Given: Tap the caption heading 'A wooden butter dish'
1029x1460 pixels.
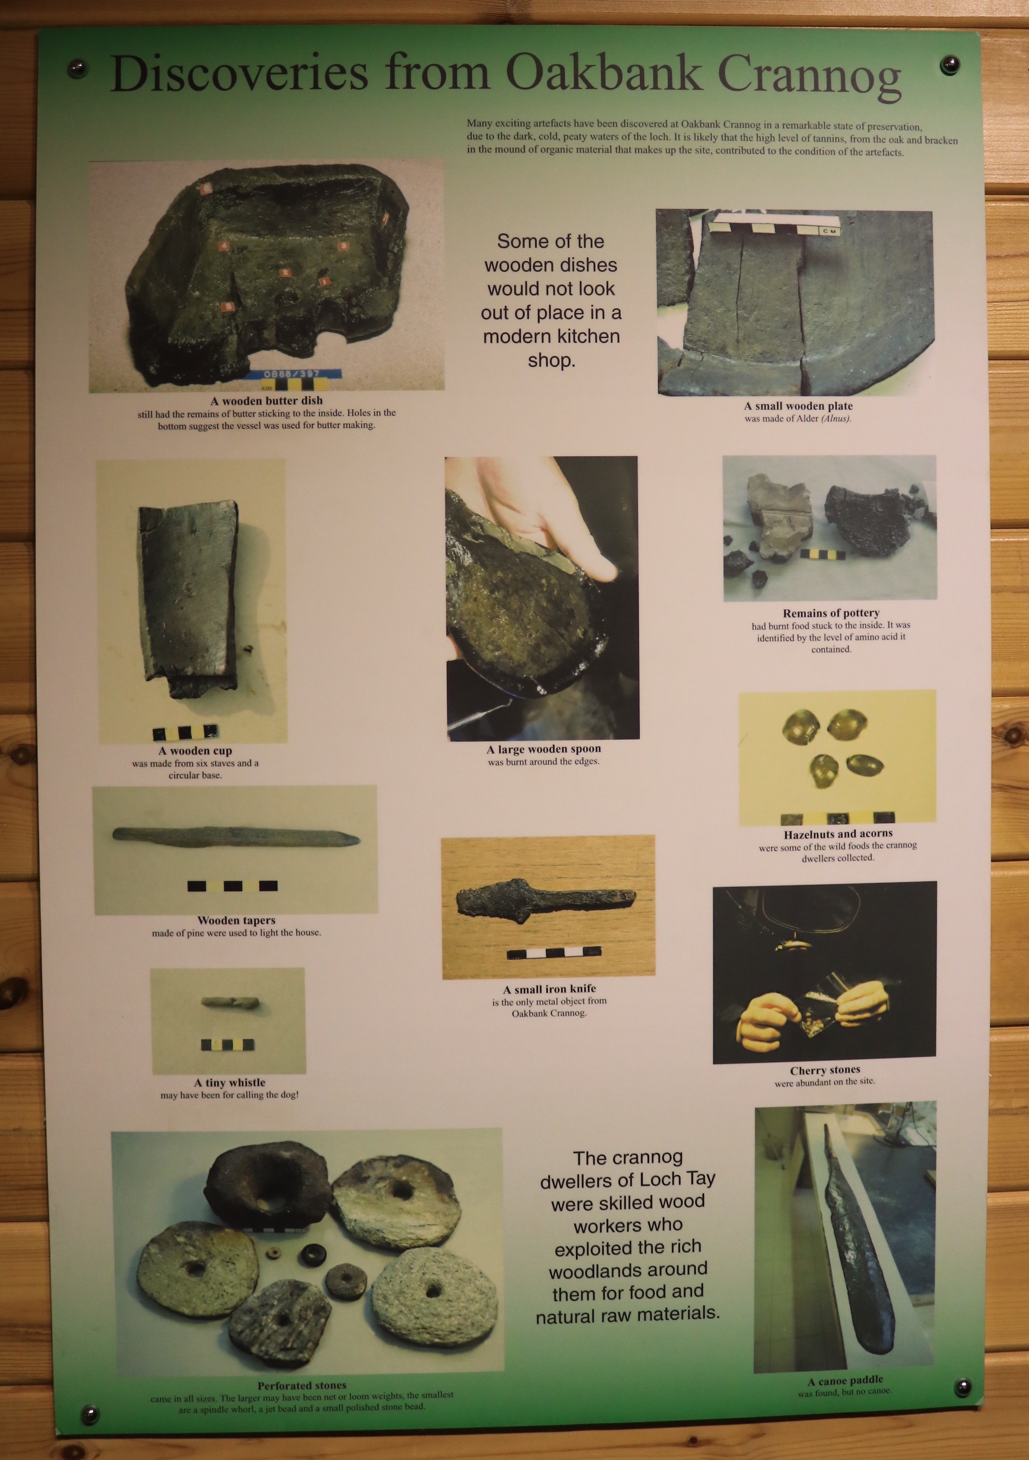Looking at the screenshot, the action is coord(266,401).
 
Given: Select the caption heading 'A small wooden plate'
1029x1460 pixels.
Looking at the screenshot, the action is coord(798,406).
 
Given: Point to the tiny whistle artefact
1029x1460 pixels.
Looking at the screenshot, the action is coord(230,1003).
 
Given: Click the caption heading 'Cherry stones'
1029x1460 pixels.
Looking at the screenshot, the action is coord(825,1070).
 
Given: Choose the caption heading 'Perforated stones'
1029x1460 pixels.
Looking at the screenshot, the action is coord(302,1385).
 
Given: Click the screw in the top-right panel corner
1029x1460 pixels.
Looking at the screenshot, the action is coord(950,64).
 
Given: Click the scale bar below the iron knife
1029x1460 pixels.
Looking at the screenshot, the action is coord(554,952).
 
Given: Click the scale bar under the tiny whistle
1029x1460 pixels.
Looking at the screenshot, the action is coord(227,1045).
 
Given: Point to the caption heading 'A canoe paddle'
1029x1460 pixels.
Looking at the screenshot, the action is coord(845,1380).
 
